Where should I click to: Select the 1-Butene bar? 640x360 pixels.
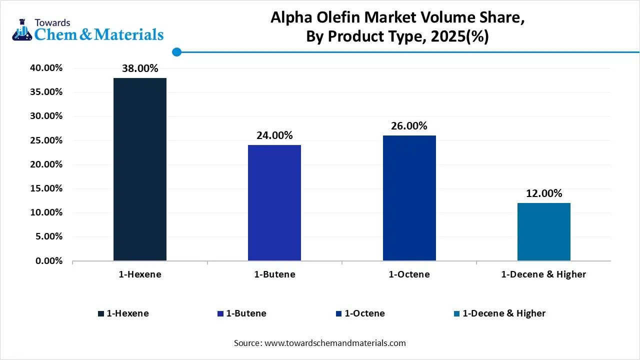[274, 202]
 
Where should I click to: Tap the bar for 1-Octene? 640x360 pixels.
[409, 198]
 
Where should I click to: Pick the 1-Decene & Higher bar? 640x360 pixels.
[543, 231]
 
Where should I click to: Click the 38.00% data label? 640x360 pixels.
[140, 68]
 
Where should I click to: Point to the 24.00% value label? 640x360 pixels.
[274, 135]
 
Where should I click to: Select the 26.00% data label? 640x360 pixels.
[409, 126]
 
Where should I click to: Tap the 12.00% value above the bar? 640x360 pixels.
[543, 193]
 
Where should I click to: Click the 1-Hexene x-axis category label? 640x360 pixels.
[140, 274]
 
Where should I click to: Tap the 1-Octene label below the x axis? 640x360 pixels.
[409, 274]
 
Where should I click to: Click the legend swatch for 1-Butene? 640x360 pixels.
[220, 314]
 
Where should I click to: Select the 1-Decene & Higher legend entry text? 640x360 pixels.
[504, 313]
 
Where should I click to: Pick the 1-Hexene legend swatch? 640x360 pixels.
[101, 314]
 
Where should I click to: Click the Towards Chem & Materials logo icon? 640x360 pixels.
[21, 30]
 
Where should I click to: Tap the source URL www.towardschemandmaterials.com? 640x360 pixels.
[334, 343]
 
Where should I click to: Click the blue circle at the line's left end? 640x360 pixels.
[176, 52]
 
